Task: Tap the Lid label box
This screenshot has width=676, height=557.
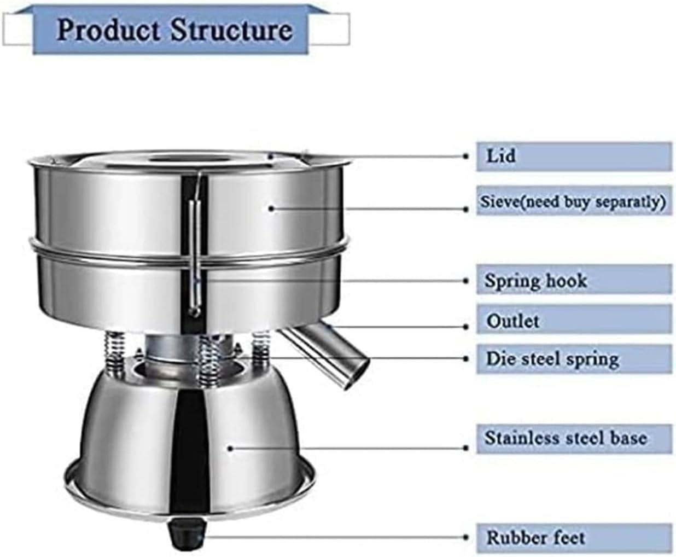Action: point(574,156)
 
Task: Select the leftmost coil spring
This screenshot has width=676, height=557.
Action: point(114,355)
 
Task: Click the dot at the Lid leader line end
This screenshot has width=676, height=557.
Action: point(466,156)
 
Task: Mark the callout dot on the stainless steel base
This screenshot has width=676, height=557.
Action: point(230,449)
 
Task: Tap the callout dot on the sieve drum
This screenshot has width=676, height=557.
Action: point(271,209)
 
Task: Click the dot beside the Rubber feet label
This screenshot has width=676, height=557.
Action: point(466,538)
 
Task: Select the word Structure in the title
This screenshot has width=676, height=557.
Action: point(231,30)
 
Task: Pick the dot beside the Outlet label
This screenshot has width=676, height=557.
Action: point(466,327)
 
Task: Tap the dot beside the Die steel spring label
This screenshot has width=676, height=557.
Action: point(466,358)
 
